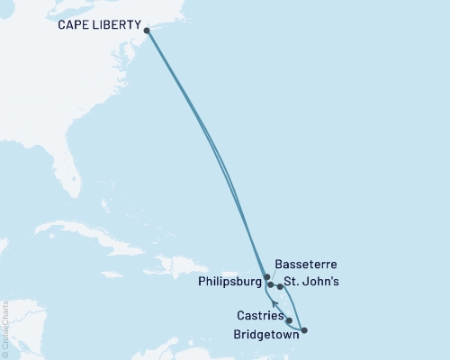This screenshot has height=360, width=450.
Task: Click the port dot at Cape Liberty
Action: pyautogui.click(x=147, y=30)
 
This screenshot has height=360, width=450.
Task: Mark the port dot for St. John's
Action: pyautogui.click(x=281, y=287)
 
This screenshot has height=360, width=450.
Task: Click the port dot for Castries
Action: pyautogui.click(x=289, y=319)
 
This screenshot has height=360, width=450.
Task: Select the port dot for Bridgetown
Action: pyautogui.click(x=304, y=330)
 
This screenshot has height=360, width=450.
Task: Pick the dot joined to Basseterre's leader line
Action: pyautogui.click(x=266, y=277)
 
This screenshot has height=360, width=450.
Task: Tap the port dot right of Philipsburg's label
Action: pyautogui.click(x=270, y=284)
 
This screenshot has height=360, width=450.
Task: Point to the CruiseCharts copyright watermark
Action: pyautogui.click(x=5, y=329)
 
